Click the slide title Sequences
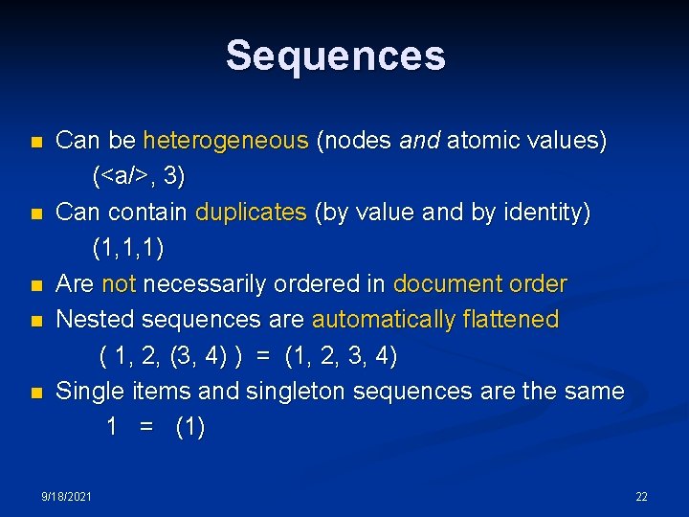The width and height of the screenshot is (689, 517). pos(336,56)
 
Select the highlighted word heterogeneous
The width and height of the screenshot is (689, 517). pos(226,142)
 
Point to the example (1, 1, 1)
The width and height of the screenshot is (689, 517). pos(128,249)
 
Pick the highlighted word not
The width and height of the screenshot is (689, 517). pos(119,284)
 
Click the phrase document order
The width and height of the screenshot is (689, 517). pos(479,284)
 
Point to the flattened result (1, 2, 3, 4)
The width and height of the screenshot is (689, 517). pos(341,356)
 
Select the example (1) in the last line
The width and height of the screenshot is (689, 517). pos(189,427)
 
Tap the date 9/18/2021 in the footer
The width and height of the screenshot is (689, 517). pos(67,497)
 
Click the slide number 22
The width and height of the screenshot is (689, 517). pos(641,497)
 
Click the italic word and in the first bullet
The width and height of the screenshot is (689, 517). pos(419,142)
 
